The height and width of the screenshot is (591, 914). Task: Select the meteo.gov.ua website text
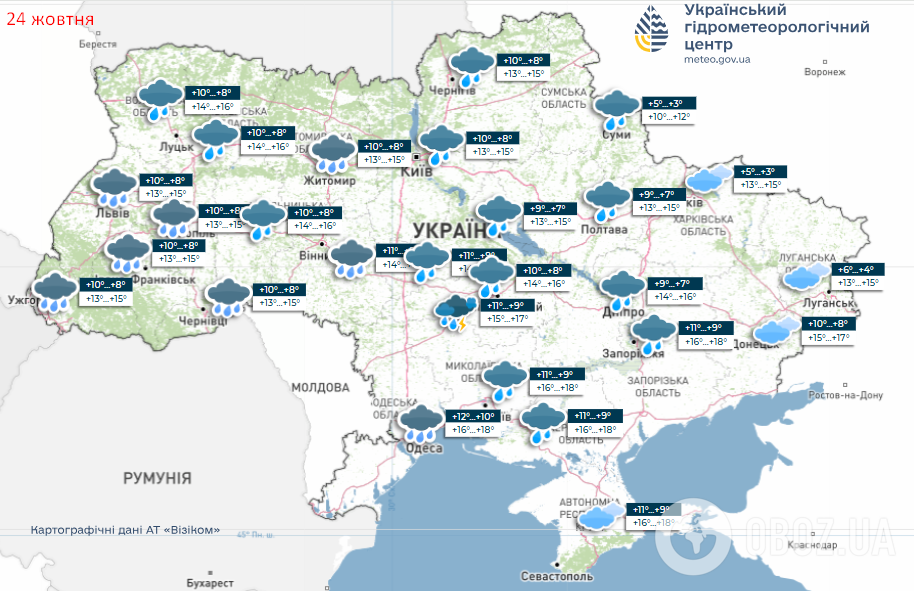[717, 59]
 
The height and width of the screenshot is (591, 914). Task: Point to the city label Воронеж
[824, 72]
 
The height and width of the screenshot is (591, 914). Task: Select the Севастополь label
[557, 577]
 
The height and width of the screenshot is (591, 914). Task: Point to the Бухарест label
[209, 582]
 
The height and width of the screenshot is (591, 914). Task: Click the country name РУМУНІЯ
[157, 478]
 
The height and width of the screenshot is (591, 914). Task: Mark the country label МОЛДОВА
[320, 386]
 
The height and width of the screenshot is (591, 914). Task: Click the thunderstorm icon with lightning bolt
[456, 313]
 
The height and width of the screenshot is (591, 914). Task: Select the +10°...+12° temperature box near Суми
[669, 117]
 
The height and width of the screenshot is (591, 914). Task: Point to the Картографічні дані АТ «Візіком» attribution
[125, 530]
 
